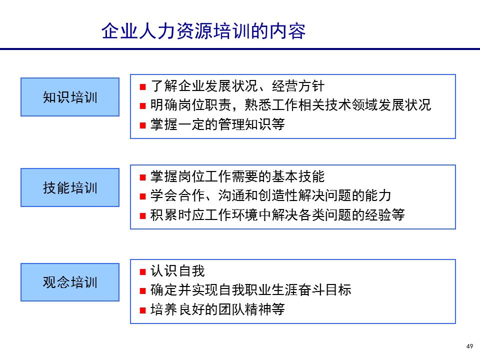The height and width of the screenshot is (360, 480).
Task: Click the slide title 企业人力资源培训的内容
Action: pyautogui.click(x=203, y=31)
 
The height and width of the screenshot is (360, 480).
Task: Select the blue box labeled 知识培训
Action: pyautogui.click(x=70, y=97)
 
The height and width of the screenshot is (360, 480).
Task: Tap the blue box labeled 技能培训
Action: pyautogui.click(x=70, y=188)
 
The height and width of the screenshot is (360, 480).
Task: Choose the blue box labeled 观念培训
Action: pyautogui.click(x=70, y=282)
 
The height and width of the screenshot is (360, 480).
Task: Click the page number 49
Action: pyautogui.click(x=469, y=346)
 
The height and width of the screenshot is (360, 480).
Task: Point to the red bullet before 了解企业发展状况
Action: pyautogui.click(x=142, y=87)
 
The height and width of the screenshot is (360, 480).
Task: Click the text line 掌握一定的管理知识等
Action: pyautogui.click(x=217, y=124)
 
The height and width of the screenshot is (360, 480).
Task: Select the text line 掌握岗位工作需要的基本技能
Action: pyautogui.click(x=237, y=177)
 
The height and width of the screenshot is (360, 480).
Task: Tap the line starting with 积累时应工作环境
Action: pyautogui.click(x=277, y=215)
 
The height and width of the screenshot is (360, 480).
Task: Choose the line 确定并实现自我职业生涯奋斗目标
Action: pyautogui.click(x=250, y=290)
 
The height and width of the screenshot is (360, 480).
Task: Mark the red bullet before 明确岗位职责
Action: pyautogui.click(x=142, y=106)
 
